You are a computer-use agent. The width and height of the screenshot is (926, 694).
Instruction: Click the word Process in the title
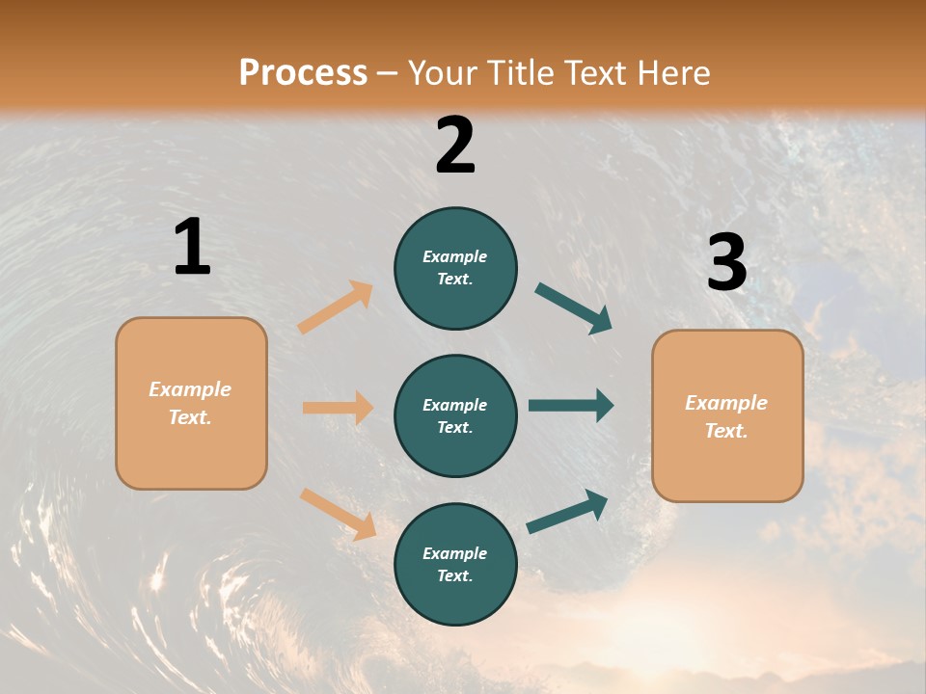pos(303,72)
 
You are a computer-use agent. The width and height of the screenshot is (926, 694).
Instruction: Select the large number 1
pos(192,247)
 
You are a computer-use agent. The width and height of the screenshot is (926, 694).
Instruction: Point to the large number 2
pos(455,145)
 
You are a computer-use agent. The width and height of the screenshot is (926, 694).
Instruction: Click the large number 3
pos(726,263)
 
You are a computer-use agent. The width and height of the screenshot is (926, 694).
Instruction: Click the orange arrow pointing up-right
pos(336,307)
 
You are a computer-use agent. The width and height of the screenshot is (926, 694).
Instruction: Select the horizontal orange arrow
pos(338,408)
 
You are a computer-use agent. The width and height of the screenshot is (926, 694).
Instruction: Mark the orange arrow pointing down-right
pos(338,514)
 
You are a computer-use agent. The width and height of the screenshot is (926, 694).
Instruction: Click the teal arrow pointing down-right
pos(573,308)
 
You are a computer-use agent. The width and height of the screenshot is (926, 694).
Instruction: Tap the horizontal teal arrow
pos(570,405)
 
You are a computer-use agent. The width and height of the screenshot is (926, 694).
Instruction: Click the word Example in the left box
pos(190,389)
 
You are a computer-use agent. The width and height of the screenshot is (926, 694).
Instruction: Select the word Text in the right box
pos(725,431)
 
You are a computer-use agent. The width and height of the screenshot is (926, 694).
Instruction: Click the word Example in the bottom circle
pos(454,553)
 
